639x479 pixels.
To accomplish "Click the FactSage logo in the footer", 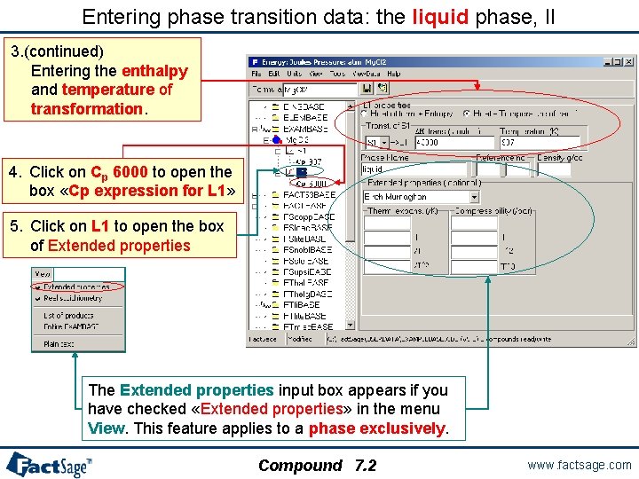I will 49,464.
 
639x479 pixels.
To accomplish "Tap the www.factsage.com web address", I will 578,464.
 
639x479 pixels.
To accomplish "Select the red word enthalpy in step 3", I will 154,70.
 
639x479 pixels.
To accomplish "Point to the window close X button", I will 628,61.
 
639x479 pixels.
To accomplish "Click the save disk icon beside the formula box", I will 383,89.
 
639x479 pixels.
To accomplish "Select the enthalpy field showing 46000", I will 453,142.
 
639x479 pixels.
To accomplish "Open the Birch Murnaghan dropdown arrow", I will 474,196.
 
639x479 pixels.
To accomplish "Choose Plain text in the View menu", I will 58,343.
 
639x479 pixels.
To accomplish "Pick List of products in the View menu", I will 68,315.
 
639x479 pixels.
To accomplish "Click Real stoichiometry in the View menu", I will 73,298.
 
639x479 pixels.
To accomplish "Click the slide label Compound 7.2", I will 317,465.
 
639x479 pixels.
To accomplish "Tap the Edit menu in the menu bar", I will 272,74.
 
